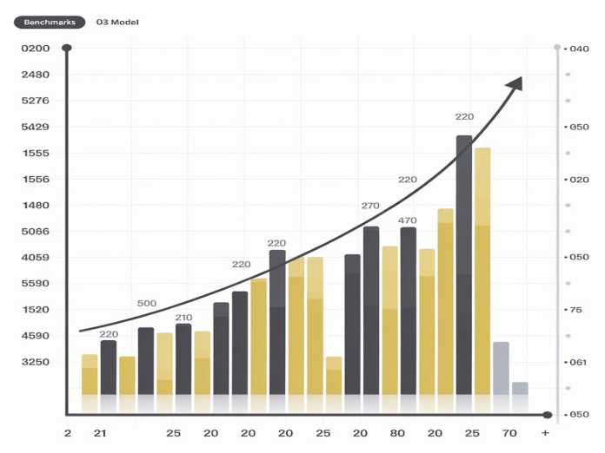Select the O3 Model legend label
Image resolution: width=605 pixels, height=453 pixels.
(x=116, y=22)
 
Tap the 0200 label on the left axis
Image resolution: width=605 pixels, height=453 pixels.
(x=36, y=49)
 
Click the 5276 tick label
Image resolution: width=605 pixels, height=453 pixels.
(x=36, y=101)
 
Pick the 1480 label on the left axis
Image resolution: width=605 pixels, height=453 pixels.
(x=36, y=205)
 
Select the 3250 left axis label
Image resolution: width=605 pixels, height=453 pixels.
(x=36, y=362)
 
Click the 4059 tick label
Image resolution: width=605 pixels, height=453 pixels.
(x=36, y=257)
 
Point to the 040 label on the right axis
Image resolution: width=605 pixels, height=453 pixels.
(x=579, y=49)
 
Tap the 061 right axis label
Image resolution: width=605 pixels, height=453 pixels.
(x=579, y=362)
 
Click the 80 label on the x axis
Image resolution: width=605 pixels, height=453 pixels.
(x=398, y=432)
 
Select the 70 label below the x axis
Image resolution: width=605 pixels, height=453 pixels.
(x=509, y=432)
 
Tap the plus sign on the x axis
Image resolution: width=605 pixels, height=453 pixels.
(x=545, y=432)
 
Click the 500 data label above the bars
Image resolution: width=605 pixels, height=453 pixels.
(x=147, y=304)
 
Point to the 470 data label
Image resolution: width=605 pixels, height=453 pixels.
(x=408, y=220)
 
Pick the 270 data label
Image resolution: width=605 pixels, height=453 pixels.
(x=370, y=206)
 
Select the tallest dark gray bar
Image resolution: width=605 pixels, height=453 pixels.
(x=464, y=269)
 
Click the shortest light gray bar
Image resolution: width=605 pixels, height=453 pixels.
(x=520, y=388)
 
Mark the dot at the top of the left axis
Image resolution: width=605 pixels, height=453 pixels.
(x=67, y=48)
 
